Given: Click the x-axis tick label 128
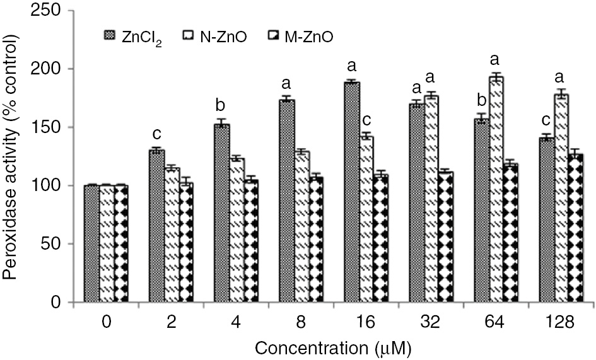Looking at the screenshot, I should (559, 323).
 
